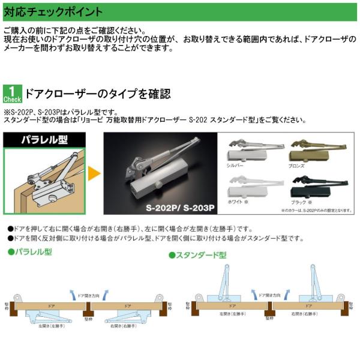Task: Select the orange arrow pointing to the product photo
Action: pyautogui.click(x=93, y=175)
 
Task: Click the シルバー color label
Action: pyautogui.click(x=235, y=165)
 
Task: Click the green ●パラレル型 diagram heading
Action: pyautogui.click(x=29, y=251)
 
